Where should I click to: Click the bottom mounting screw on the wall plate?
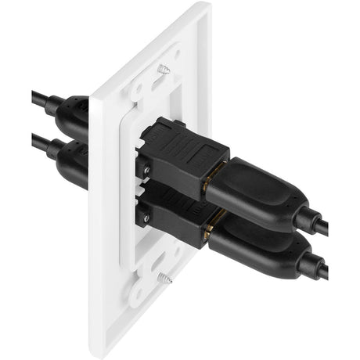(x=166, y=276)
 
